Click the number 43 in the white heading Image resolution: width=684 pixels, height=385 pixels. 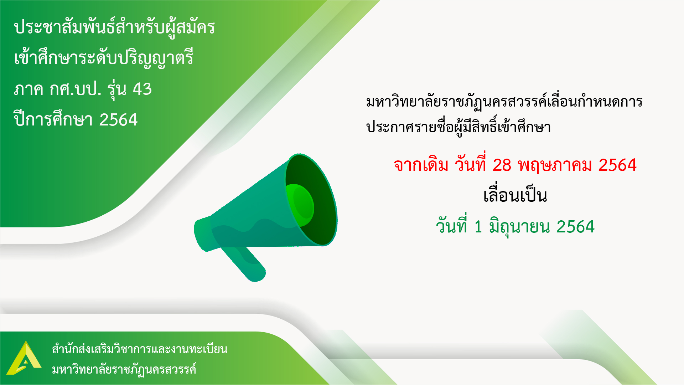click(142, 89)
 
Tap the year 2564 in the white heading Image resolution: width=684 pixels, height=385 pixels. click(118, 120)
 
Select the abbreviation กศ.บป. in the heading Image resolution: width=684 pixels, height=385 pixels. click(76, 89)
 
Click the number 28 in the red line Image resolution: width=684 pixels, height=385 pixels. click(502, 165)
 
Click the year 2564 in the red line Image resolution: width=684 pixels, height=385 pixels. click(617, 165)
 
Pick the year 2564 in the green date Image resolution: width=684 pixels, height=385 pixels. click(575, 227)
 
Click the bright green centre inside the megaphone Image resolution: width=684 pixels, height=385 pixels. click(300, 205)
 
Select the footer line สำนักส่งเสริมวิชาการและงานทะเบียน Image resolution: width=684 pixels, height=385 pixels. click(140, 349)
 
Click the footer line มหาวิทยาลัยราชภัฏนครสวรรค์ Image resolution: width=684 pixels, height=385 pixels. click(124, 369)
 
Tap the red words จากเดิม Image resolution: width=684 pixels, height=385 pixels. click(421, 165)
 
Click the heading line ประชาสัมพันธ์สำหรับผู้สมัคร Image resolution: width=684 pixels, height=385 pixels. click(114, 27)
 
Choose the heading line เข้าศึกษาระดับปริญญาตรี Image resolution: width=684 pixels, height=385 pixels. click(104, 58)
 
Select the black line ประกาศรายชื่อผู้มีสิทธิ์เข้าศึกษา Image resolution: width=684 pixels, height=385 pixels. click(458, 127)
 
